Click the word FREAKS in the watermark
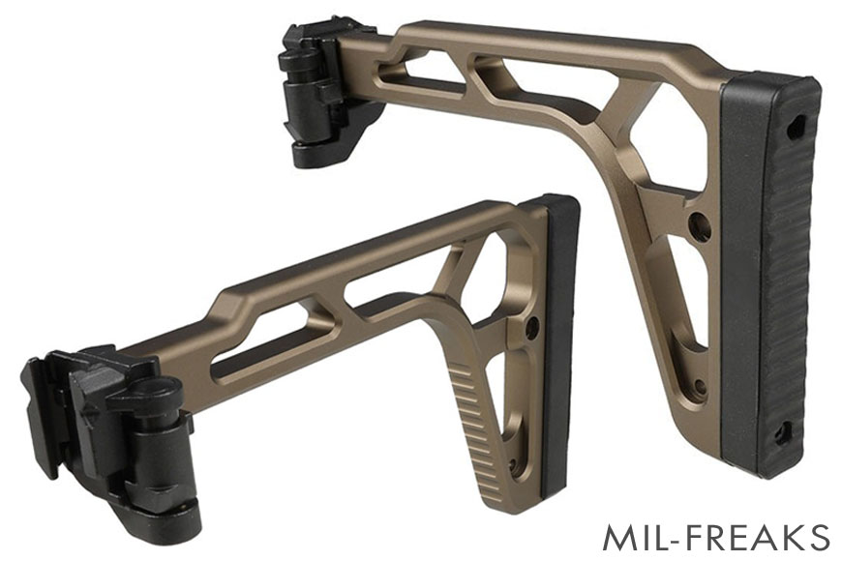761,537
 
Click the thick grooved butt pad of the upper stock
770,271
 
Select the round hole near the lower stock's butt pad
532,330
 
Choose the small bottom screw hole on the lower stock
514,465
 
